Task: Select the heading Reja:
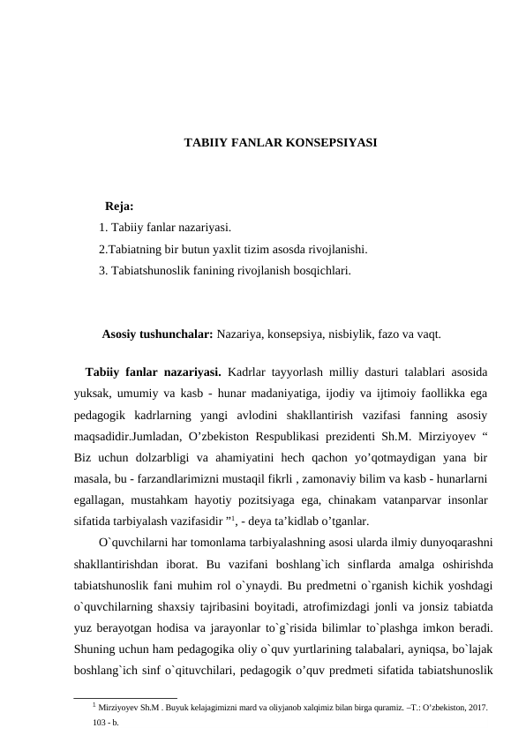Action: click(x=119, y=207)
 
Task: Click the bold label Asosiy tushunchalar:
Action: click(x=157, y=335)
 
